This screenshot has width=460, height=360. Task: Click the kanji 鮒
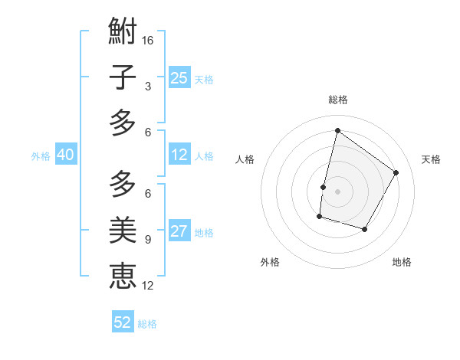pyautogui.click(x=123, y=31)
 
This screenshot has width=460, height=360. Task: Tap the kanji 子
pyautogui.click(x=123, y=77)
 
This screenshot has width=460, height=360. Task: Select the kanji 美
pyautogui.click(x=123, y=229)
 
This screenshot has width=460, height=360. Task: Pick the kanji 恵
pyautogui.click(x=123, y=275)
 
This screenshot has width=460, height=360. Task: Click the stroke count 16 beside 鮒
pyautogui.click(x=149, y=40)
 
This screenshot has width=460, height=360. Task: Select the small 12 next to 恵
pyautogui.click(x=149, y=286)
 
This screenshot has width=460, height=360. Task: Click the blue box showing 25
pyautogui.click(x=179, y=77)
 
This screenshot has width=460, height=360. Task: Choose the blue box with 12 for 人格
pyautogui.click(x=179, y=155)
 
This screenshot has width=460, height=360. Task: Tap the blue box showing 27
pyautogui.click(x=179, y=232)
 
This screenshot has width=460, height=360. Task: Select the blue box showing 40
pyautogui.click(x=65, y=155)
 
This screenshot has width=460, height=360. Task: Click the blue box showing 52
pyautogui.click(x=123, y=322)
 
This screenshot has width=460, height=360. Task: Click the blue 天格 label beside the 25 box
pyautogui.click(x=204, y=79)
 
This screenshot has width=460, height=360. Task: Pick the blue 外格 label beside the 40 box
pyautogui.click(x=41, y=156)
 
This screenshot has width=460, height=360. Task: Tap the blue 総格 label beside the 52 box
pyautogui.click(x=147, y=324)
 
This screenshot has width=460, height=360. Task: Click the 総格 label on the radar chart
pyautogui.click(x=337, y=100)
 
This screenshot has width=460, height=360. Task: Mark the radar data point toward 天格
pyautogui.click(x=396, y=172)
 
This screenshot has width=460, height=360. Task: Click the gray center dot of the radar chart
pyautogui.click(x=337, y=191)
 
